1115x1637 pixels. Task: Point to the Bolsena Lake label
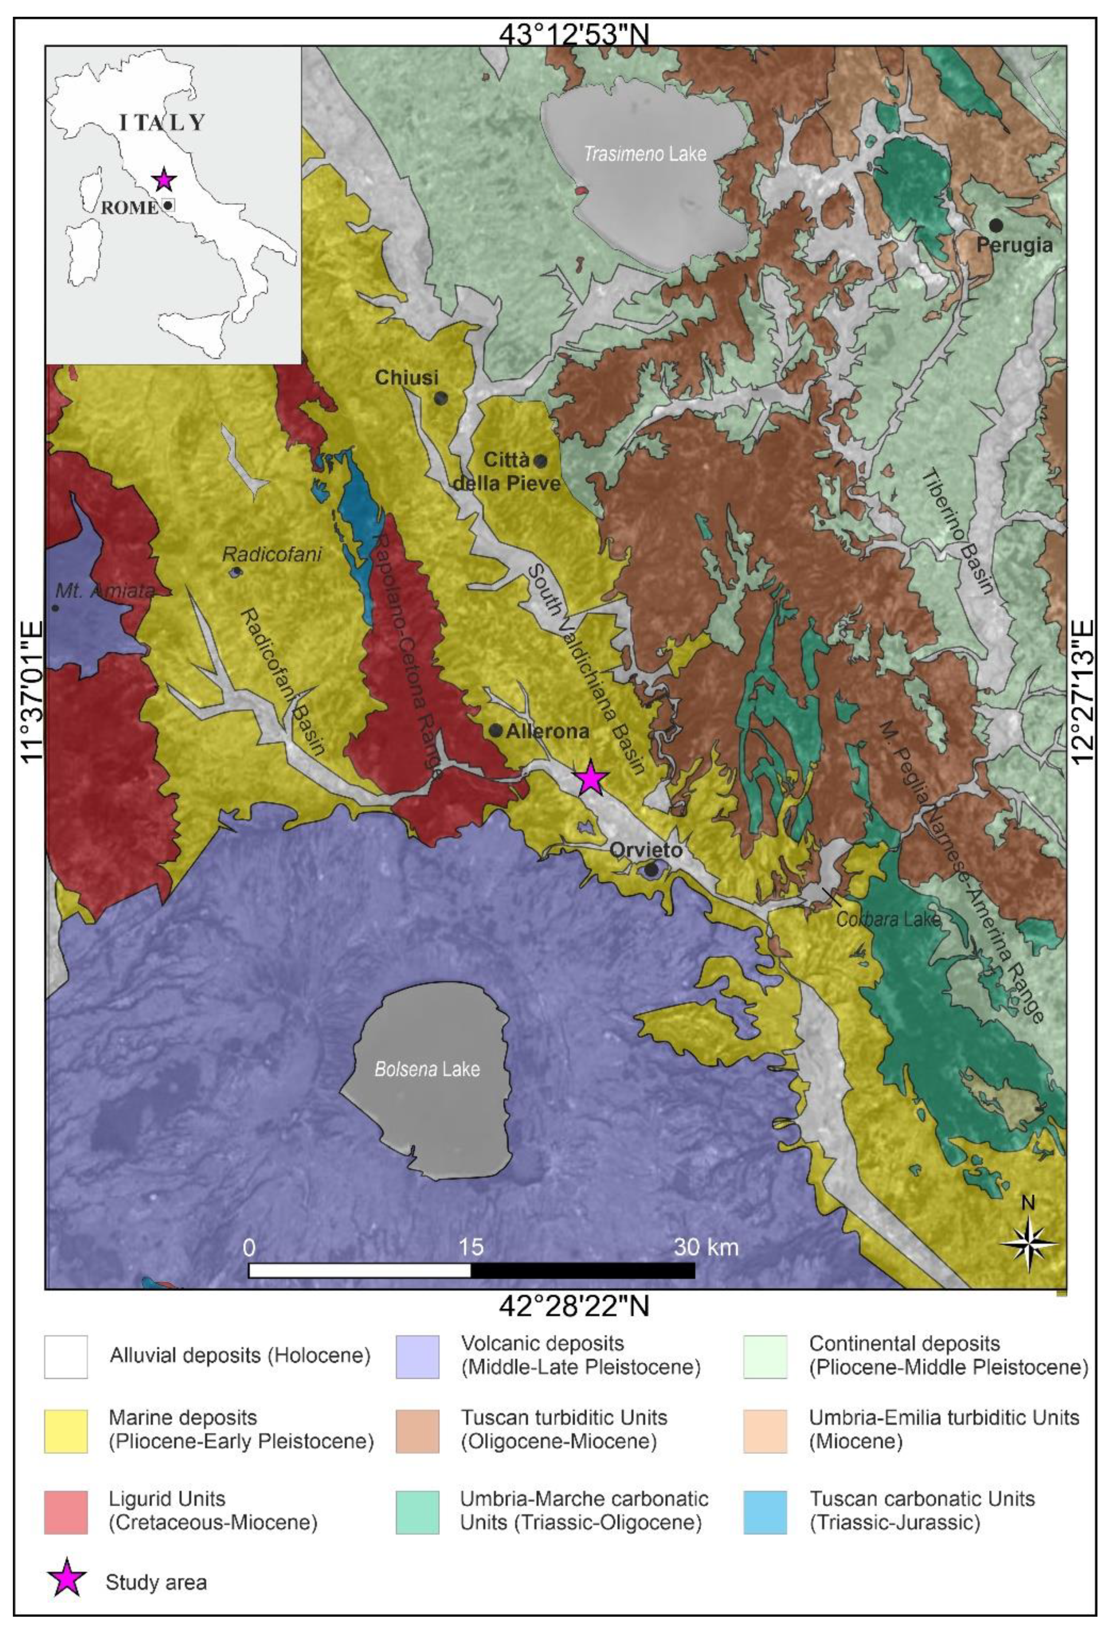tap(427, 1069)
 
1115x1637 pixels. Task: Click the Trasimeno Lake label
tap(645, 154)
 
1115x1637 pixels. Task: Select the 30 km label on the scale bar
tap(706, 1247)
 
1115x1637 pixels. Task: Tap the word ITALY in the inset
tap(162, 123)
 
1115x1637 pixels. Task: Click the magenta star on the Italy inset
tap(164, 180)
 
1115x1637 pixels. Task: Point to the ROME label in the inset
tap(130, 208)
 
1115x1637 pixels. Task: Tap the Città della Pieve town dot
tap(540, 462)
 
